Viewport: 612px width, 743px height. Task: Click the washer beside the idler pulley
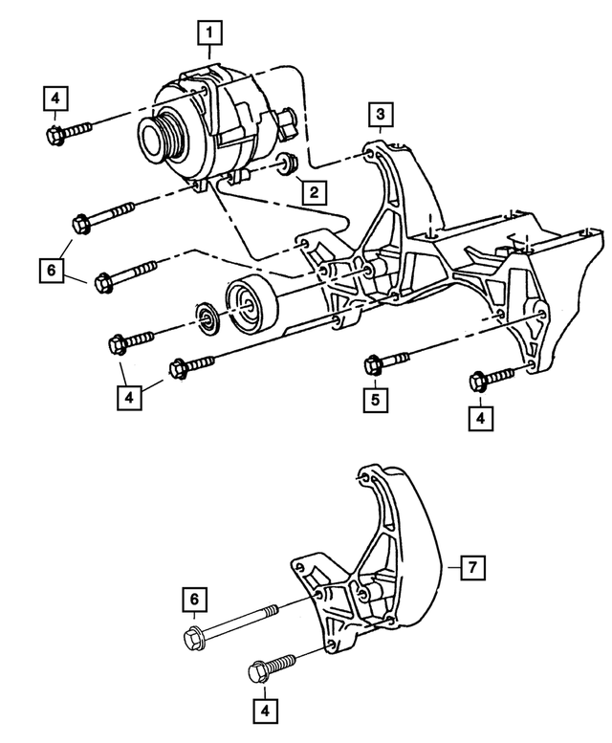(x=207, y=318)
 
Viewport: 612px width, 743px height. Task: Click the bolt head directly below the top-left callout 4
(x=55, y=133)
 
